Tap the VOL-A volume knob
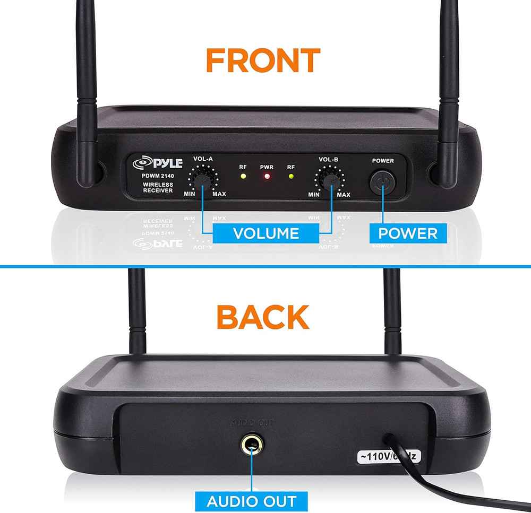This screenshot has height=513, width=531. [201, 181]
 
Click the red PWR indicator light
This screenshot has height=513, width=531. [267, 176]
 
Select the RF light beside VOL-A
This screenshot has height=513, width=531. [243, 176]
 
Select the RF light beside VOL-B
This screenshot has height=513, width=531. [290, 176]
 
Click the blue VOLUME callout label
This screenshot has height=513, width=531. [265, 233]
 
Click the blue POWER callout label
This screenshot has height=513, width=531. [408, 233]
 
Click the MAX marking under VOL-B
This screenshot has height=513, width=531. [344, 195]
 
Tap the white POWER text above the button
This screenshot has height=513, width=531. [383, 161]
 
